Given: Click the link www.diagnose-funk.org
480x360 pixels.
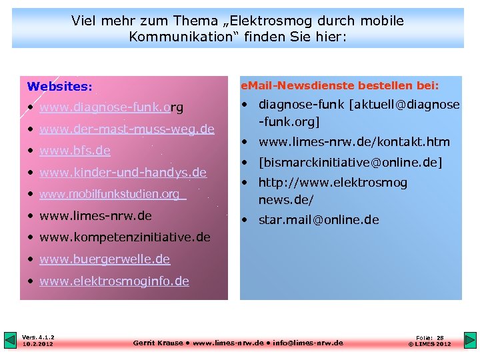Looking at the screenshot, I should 111,107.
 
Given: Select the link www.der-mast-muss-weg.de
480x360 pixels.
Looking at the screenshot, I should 127,129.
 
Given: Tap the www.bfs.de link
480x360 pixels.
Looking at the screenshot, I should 75,151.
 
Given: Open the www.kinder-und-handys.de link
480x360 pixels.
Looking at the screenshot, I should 123,173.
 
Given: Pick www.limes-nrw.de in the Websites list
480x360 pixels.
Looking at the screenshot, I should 95,216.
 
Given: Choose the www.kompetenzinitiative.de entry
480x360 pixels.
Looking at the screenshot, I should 125,237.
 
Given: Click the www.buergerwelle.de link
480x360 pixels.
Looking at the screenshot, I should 105,259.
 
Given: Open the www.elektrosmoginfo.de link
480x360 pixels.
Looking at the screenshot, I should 114,281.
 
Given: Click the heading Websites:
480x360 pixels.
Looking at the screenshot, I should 59,87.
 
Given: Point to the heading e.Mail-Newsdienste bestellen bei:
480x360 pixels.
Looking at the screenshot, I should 339,85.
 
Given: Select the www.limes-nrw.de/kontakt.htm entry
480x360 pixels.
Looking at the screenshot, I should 354,142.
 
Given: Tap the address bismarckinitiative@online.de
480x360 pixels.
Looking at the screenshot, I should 350,163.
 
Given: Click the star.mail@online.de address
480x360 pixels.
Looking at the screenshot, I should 319,220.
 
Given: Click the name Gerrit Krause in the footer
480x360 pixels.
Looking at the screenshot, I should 158,343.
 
